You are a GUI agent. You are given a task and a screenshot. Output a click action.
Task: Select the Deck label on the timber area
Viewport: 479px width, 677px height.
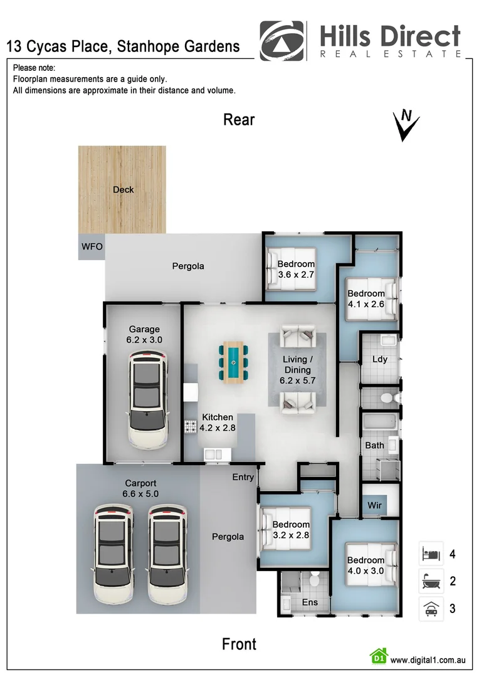tap(123, 189)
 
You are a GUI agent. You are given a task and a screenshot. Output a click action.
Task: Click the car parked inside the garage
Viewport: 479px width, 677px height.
tap(147, 399)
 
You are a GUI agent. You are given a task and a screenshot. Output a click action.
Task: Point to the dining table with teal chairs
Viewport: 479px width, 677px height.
tap(234, 362)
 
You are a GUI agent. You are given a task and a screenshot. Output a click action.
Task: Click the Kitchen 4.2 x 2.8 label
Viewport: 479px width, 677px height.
tap(217, 422)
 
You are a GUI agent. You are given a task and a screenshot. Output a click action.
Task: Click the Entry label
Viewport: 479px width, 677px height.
tap(243, 477)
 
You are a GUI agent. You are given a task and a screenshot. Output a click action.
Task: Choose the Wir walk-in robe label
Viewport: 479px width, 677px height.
tap(373, 505)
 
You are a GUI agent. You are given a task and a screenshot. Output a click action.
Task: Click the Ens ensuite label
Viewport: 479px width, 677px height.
tap(310, 602)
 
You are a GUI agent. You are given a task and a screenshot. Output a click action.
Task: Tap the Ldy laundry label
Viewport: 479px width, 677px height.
tap(379, 359)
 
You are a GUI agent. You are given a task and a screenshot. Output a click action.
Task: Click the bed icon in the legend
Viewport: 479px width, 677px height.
tap(431, 554)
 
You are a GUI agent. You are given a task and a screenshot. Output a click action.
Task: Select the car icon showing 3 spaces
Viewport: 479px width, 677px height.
tap(431, 609)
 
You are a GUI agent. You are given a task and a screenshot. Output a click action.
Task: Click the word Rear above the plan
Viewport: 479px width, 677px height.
tap(239, 120)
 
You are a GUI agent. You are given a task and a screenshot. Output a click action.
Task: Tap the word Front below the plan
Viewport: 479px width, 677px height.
tap(239, 644)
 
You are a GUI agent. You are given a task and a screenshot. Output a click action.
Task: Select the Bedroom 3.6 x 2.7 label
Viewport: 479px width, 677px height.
tap(296, 269)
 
